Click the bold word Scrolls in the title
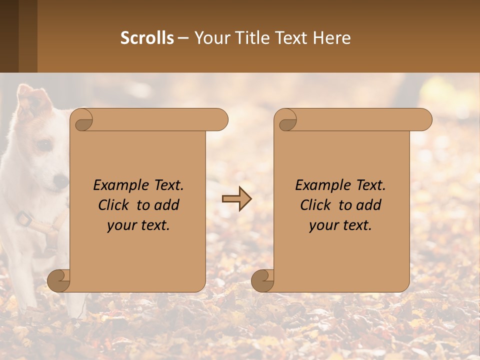[147, 38]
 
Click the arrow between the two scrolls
[236, 199]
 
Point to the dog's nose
[61, 181]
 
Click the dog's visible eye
[44, 144]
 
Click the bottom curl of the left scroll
[58, 280]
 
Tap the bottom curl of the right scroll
[262, 280]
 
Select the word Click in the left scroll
[113, 205]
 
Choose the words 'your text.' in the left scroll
[138, 225]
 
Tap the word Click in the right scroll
[315, 205]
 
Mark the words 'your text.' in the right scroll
[340, 225]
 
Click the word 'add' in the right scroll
[370, 205]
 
